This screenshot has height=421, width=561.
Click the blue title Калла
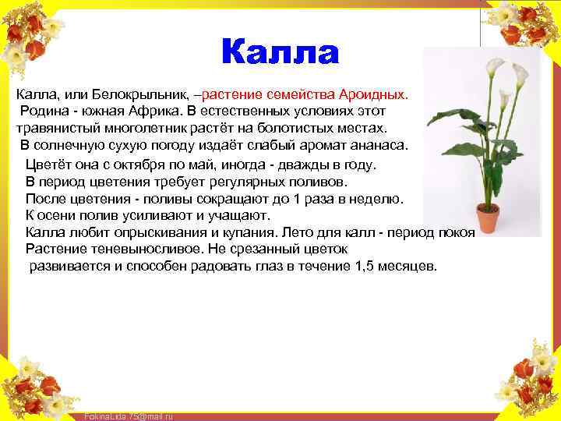[280, 53]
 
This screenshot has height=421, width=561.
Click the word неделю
[377, 199]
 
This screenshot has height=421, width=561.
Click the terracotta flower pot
[489, 219]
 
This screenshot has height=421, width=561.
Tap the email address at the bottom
[128, 416]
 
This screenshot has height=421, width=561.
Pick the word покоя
[457, 232]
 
